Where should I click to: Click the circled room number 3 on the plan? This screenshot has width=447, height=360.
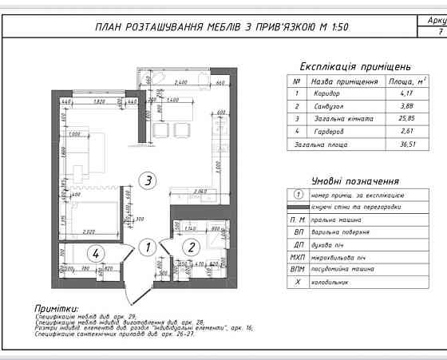click(x=146, y=180)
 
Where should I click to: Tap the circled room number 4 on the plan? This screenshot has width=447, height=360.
click(x=96, y=254)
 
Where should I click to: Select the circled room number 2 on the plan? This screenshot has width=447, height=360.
click(x=192, y=247)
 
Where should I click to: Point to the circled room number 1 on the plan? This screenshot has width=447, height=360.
click(x=145, y=247)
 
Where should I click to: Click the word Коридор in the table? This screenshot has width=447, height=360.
click(x=327, y=94)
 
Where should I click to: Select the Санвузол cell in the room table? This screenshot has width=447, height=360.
click(x=329, y=107)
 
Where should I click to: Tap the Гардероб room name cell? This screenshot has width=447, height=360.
click(x=328, y=132)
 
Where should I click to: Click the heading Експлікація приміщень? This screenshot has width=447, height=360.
click(x=355, y=66)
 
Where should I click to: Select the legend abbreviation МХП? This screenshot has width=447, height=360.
click(x=297, y=256)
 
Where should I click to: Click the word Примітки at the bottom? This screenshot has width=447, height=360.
click(x=56, y=307)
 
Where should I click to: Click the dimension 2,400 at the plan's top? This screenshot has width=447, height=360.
click(x=180, y=82)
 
